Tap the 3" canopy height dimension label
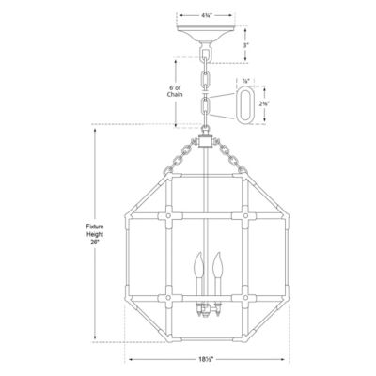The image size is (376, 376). click(245, 43)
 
